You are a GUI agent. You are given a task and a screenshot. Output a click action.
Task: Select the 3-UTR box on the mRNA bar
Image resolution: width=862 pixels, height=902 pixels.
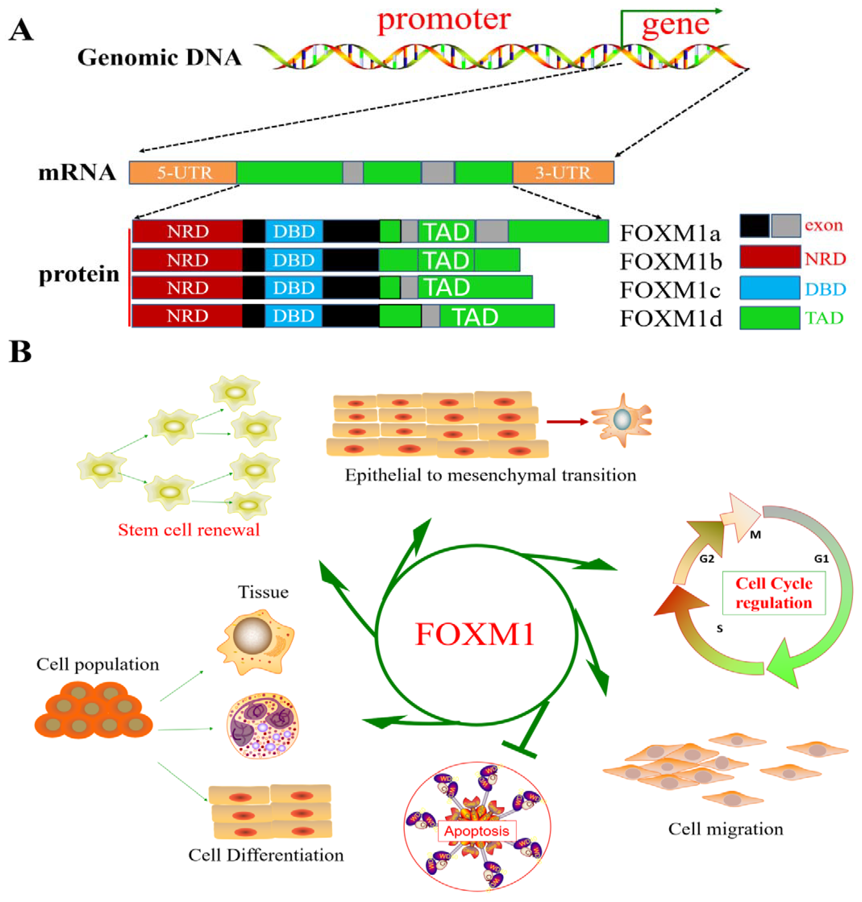563,173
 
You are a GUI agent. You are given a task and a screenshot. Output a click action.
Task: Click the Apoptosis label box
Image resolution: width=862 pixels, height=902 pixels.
477,831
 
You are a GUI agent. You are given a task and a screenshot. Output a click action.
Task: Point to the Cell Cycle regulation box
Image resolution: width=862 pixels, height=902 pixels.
774,593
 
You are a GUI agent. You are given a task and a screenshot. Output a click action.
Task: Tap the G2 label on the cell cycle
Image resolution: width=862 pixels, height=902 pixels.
707,559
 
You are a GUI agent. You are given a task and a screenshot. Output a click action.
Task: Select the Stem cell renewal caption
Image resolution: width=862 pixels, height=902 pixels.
189,530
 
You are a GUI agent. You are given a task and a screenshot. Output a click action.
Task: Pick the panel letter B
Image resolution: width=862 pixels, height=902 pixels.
20,353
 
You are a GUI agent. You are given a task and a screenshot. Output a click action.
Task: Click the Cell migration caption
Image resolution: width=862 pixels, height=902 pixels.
726,829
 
